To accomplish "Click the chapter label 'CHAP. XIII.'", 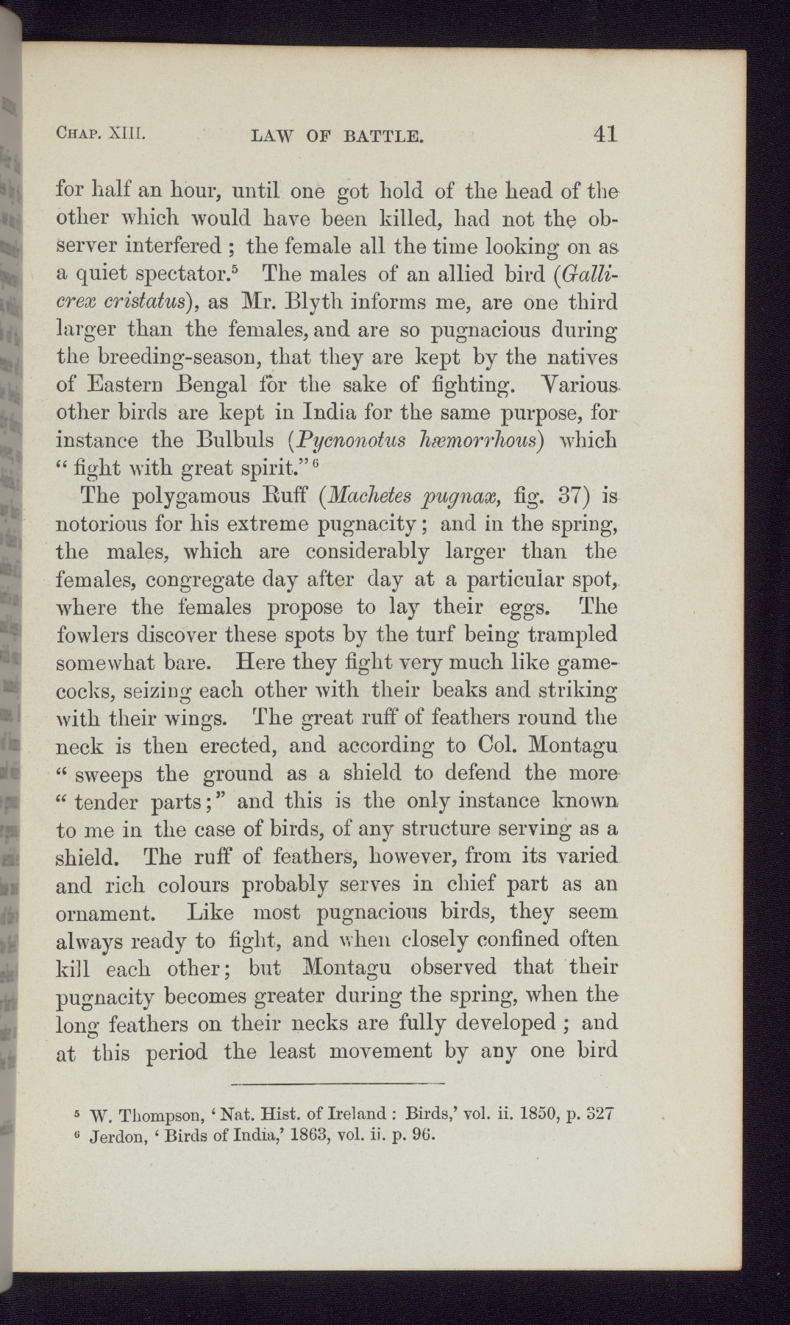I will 102,135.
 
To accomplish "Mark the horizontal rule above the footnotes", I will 338,1084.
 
